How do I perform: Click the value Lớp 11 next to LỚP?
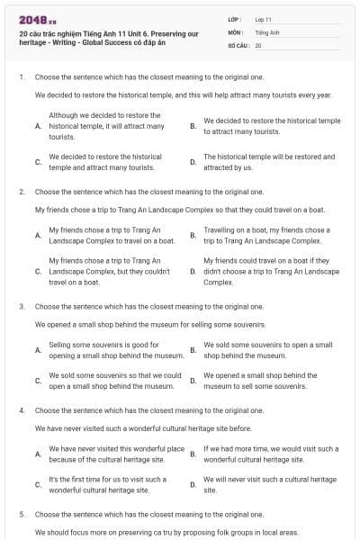(x=263, y=19)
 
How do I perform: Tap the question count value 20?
(x=258, y=45)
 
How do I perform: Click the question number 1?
(x=21, y=77)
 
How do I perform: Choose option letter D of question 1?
(x=193, y=162)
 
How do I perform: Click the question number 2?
(x=21, y=192)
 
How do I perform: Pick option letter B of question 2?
(x=193, y=236)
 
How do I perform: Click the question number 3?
(x=21, y=306)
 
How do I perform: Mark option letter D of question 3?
(x=193, y=381)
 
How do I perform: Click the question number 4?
(x=21, y=410)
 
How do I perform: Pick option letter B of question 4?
(x=193, y=454)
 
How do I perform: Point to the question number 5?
(x=21, y=515)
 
